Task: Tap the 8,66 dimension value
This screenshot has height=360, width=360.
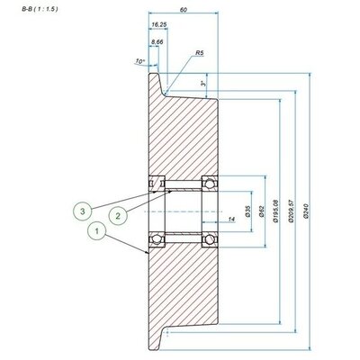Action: (158, 41)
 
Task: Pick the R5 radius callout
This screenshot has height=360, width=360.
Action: (199, 54)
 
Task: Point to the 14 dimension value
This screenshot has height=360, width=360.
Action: (232, 218)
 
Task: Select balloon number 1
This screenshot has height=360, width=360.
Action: (96, 230)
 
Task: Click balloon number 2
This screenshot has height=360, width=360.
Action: (117, 215)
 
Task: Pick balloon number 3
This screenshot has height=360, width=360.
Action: (83, 211)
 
